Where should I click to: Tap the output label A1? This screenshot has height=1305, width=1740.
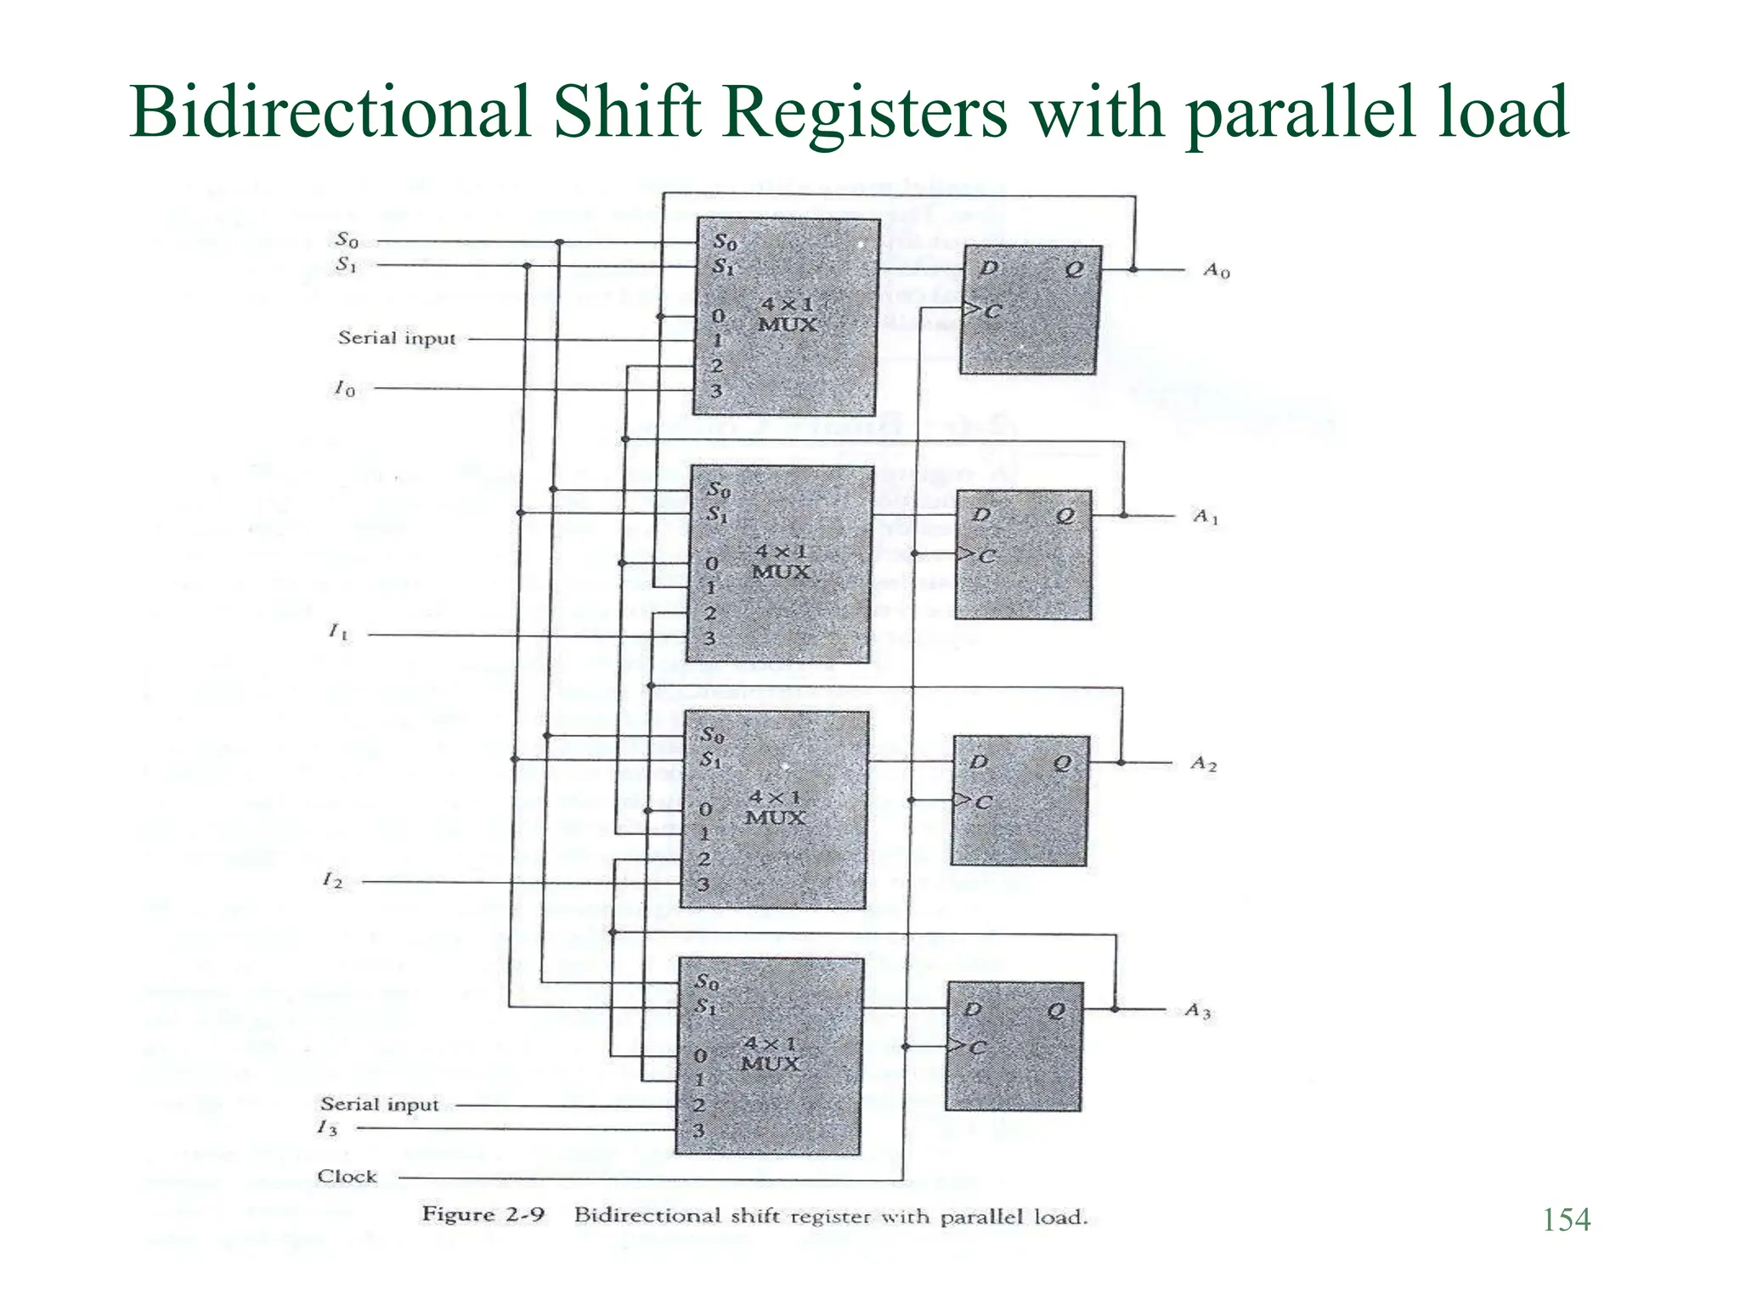[1206, 517]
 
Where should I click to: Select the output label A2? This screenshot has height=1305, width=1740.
[1203, 764]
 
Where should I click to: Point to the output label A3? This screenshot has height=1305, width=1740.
[1198, 1011]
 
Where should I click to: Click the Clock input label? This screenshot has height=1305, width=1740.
[347, 1177]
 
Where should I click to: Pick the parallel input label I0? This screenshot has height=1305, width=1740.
[344, 389]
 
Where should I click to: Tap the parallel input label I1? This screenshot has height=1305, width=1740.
[338, 632]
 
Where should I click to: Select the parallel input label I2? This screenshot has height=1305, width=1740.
[332, 880]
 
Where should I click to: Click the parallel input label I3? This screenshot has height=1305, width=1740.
[327, 1128]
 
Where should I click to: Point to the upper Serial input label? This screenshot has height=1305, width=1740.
[397, 338]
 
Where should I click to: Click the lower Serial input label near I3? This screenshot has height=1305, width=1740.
[379, 1104]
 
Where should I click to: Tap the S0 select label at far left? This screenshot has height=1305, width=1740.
[347, 240]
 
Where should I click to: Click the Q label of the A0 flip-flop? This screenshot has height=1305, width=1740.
[1074, 269]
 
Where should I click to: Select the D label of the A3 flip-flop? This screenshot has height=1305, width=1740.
[973, 1009]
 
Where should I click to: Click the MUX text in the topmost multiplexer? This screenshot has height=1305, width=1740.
[787, 325]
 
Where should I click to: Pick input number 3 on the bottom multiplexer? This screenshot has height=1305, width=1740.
[698, 1130]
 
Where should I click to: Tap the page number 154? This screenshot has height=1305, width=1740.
[1566, 1220]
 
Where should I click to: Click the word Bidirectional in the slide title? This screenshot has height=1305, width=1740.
[330, 112]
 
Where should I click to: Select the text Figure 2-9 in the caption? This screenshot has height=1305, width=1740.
[483, 1215]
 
